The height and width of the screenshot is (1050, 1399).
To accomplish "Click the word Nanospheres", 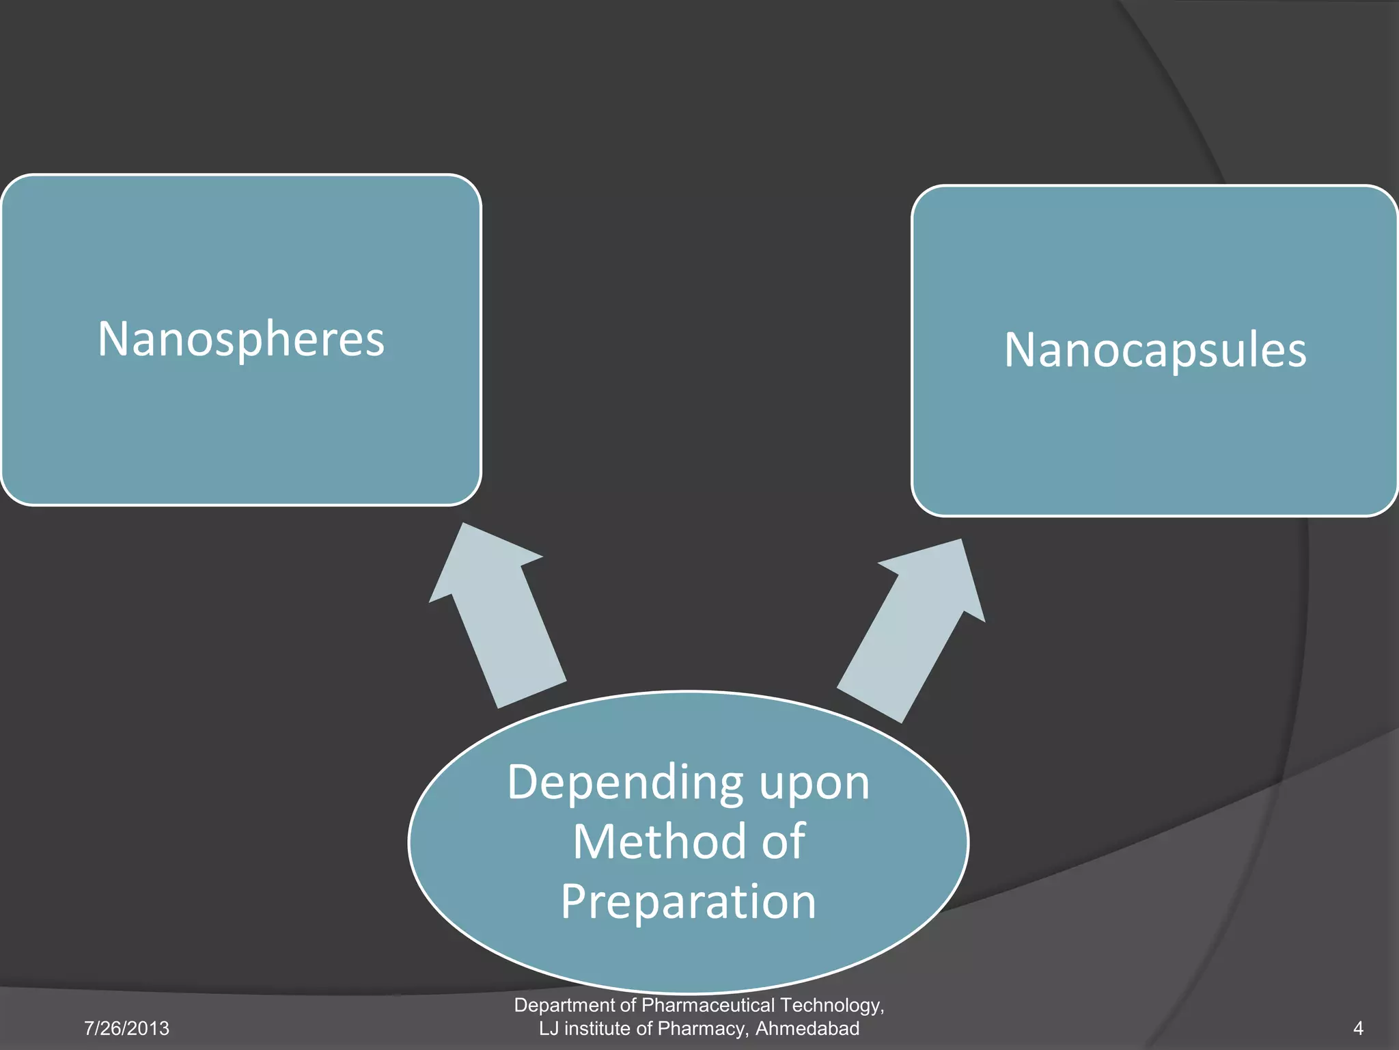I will click(241, 339).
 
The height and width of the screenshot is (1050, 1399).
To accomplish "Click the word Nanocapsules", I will click(1155, 350).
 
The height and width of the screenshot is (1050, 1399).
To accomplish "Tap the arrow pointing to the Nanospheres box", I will click(502, 615).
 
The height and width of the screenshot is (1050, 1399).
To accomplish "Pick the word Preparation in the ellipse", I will click(689, 902).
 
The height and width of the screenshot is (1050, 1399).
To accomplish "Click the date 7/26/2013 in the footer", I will click(126, 1028).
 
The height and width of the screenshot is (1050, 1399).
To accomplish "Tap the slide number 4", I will click(1358, 1028).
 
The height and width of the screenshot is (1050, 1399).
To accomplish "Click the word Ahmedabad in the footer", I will click(807, 1028).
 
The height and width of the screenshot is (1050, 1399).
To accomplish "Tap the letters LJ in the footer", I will click(549, 1028).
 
